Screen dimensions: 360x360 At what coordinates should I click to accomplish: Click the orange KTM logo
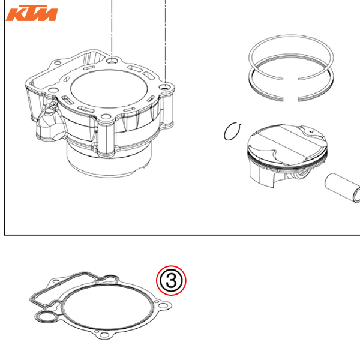point(32,13)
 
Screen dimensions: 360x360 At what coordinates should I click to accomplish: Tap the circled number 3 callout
point(171,281)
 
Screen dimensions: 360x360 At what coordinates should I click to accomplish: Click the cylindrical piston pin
point(343,188)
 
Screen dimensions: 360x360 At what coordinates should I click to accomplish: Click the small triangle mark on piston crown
point(311,132)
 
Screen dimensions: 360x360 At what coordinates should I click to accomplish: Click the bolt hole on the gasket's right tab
point(163,305)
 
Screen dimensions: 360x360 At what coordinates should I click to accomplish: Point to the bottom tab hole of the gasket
point(104,335)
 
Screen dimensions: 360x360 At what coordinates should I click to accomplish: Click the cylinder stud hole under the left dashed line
point(112,61)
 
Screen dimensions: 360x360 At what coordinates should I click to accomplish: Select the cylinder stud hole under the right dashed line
point(165,87)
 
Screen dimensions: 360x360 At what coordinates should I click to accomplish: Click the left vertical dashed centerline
point(112,29)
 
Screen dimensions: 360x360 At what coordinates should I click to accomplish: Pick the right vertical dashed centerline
point(166,41)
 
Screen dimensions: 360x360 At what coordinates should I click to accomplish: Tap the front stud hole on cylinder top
point(106,116)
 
